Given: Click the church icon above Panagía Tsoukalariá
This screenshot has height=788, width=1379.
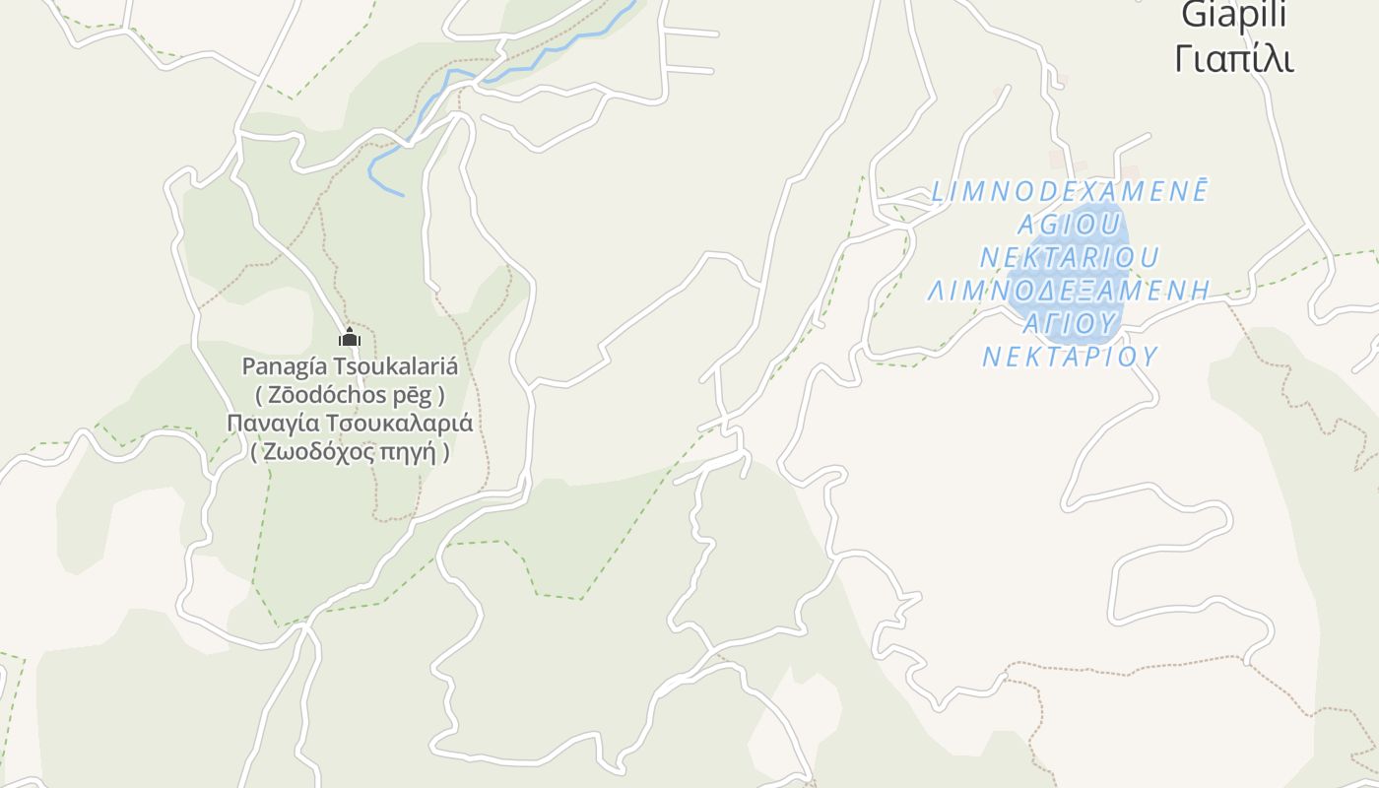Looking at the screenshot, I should coord(350,338).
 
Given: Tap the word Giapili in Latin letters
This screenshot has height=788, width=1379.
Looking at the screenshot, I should coord(1233,15).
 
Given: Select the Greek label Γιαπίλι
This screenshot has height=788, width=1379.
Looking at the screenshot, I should coord(1233,59).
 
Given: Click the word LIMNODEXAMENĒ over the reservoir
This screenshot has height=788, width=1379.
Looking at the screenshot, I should coord(1070,191).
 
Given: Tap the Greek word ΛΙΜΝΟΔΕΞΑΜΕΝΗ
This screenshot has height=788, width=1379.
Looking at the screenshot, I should coord(1070,291).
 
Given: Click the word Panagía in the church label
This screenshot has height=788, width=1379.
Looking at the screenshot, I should coord(285,366).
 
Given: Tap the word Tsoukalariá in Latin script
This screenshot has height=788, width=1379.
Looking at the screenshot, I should coord(396,366).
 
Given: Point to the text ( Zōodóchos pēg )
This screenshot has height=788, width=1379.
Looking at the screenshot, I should coord(350,395).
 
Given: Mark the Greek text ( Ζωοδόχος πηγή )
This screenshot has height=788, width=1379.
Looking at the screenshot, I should coord(350,452).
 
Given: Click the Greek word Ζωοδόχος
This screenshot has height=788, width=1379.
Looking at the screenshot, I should coord(316,452).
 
